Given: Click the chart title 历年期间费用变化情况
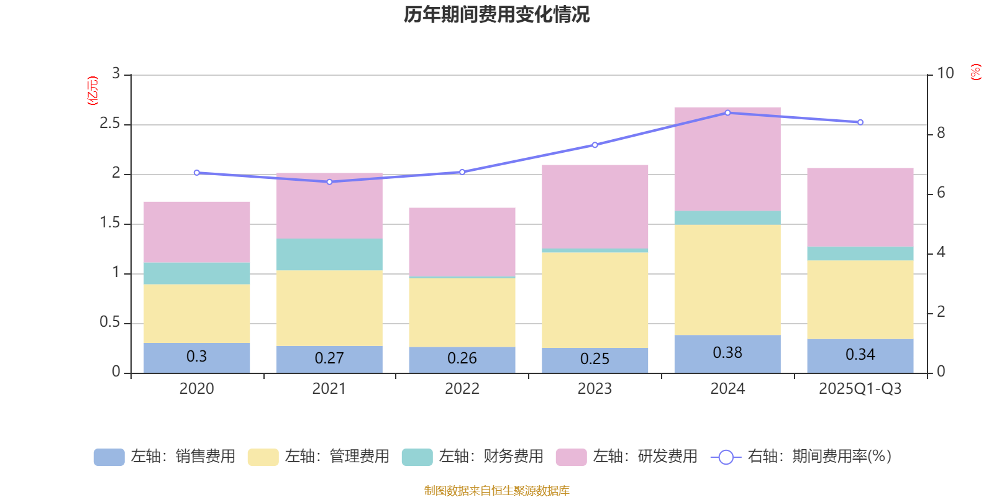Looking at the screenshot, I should click(496, 14).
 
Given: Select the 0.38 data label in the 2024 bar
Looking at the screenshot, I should click(727, 353).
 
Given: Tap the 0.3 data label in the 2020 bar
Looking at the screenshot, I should click(196, 357).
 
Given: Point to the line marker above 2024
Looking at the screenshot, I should click(727, 113).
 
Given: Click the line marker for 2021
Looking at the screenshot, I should click(329, 182).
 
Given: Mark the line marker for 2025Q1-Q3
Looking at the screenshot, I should click(860, 122).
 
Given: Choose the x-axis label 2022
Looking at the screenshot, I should click(462, 389).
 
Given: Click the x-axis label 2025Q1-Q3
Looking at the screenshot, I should click(860, 389).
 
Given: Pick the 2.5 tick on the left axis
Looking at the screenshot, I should click(110, 124).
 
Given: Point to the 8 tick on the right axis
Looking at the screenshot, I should click(941, 133).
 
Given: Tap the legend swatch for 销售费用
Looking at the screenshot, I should click(109, 457).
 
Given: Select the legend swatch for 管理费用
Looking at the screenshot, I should click(263, 457).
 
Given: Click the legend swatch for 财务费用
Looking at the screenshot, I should click(417, 457).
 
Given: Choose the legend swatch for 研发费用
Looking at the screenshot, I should click(571, 457).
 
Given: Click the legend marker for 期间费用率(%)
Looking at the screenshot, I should click(726, 457).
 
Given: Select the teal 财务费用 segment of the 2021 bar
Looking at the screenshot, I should click(329, 254).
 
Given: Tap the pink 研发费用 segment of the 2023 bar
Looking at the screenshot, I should click(595, 206).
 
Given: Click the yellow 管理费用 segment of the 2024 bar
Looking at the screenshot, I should click(727, 280).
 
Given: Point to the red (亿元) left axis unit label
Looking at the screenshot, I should click(93, 91).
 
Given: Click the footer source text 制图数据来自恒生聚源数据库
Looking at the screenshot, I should click(496, 491).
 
